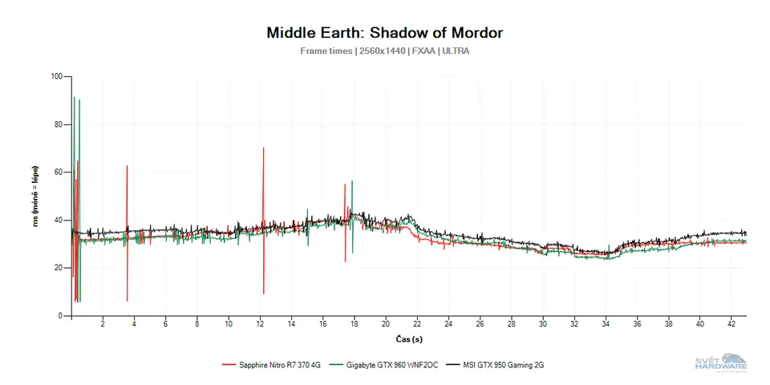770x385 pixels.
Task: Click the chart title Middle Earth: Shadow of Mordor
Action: (x=384, y=33)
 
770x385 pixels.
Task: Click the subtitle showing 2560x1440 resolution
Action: (x=384, y=51)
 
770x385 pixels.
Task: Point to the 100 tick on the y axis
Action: (x=56, y=77)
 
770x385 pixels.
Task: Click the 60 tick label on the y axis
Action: (x=58, y=172)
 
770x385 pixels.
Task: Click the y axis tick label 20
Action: (x=58, y=268)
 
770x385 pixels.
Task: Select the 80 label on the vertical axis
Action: (x=58, y=124)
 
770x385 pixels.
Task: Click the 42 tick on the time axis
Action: (x=731, y=324)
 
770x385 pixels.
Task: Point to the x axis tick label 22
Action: (x=417, y=324)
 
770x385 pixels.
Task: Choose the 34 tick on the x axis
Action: (x=606, y=324)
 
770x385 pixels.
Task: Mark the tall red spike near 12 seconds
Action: (x=263, y=149)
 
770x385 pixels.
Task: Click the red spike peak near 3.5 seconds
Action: (x=127, y=167)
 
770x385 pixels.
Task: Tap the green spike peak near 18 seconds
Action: (x=352, y=182)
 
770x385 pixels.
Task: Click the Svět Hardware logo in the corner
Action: (x=720, y=363)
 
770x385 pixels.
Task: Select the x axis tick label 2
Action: (x=103, y=324)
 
